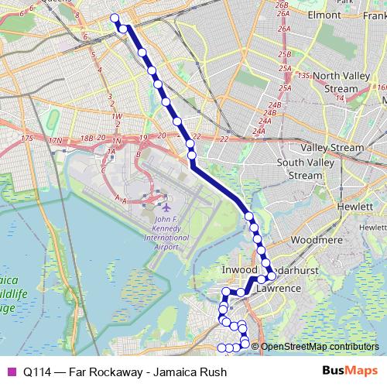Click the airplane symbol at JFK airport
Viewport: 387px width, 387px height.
point(166,207)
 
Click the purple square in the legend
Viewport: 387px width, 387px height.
point(10,371)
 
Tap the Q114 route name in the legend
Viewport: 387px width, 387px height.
point(37,371)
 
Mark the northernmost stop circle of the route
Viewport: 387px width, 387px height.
point(115,19)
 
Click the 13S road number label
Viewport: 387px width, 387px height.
point(303,75)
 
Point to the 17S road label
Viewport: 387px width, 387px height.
point(27,139)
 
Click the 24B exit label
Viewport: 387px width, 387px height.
point(274,104)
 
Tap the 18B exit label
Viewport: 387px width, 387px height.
point(88,138)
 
